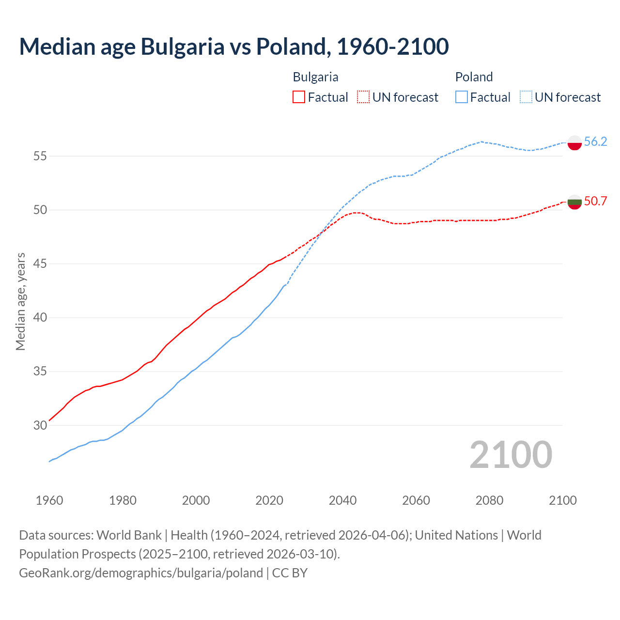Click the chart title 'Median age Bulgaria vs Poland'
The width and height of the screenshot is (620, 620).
(x=234, y=46)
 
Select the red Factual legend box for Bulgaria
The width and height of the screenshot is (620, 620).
(x=299, y=97)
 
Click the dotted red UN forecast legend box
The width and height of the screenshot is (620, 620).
(x=363, y=97)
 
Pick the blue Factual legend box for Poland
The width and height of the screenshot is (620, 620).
(x=462, y=97)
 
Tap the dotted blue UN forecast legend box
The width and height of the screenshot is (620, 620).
(x=526, y=97)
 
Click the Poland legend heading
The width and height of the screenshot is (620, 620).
(x=474, y=77)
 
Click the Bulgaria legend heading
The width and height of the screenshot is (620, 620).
(x=315, y=77)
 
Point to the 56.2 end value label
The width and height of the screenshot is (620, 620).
(x=595, y=141)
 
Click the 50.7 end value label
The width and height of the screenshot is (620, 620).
(x=595, y=201)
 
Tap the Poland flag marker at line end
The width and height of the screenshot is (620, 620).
(x=574, y=143)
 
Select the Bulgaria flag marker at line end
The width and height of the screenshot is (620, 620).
(x=574, y=202)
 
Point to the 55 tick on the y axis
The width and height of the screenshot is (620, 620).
(x=40, y=156)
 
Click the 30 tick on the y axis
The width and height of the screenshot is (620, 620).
(x=40, y=425)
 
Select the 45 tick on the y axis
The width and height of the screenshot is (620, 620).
(x=40, y=264)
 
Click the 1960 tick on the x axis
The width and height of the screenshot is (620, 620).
(x=49, y=500)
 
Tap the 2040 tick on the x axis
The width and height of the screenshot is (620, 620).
(x=342, y=500)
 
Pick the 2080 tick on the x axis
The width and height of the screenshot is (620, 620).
(x=489, y=500)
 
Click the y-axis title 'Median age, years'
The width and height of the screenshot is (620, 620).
(x=20, y=301)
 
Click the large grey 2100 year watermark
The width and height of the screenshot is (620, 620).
(x=511, y=455)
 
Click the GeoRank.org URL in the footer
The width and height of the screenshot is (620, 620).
(x=141, y=573)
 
